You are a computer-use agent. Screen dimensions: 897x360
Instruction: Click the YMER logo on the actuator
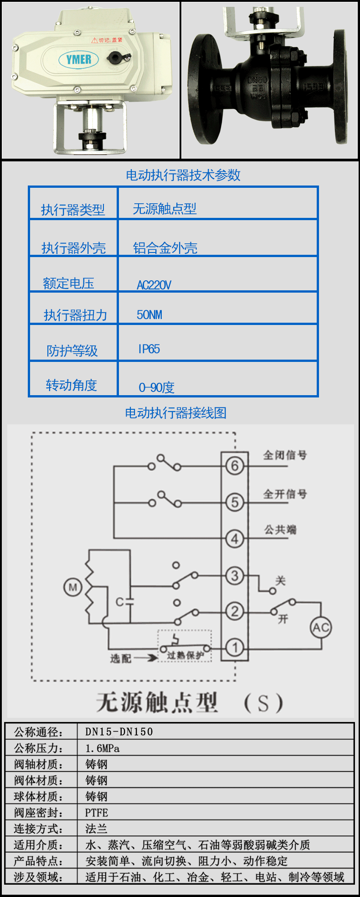pyautogui.click(x=79, y=59)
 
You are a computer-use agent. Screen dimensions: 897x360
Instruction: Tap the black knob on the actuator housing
pyautogui.click(x=114, y=57)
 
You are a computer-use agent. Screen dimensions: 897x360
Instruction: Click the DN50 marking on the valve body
pyautogui.click(x=257, y=80)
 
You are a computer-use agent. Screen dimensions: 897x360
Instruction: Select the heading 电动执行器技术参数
pyautogui.click(x=183, y=175)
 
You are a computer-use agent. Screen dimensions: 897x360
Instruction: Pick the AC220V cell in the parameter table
pyautogui.click(x=154, y=285)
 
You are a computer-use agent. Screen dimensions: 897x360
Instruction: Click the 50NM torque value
pyautogui.click(x=149, y=315)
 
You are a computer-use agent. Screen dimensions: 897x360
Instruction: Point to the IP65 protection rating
pyautogui.click(x=149, y=349)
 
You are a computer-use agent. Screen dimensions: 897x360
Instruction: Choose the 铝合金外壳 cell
pyautogui.click(x=165, y=248)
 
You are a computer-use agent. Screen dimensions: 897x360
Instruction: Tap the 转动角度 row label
pyautogui.click(x=72, y=385)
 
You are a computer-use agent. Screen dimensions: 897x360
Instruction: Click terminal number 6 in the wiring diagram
pyautogui.click(x=235, y=466)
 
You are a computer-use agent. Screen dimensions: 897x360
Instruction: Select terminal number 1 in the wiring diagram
pyautogui.click(x=235, y=647)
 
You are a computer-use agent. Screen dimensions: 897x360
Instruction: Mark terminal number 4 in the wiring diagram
pyautogui.click(x=235, y=539)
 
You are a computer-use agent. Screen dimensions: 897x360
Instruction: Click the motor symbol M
pyautogui.click(x=73, y=587)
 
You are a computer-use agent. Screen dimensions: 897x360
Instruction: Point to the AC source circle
pyautogui.click(x=321, y=628)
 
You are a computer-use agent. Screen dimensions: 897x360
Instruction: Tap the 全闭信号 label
pyautogui.click(x=285, y=455)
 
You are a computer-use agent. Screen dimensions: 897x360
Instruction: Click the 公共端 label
pyautogui.click(x=280, y=530)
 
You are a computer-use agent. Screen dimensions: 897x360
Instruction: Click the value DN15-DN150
pyautogui.click(x=119, y=732)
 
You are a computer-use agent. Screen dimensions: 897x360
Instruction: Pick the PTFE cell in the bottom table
pyautogui.click(x=97, y=813)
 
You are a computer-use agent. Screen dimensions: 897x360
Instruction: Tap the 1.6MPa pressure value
pyautogui.click(x=103, y=748)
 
